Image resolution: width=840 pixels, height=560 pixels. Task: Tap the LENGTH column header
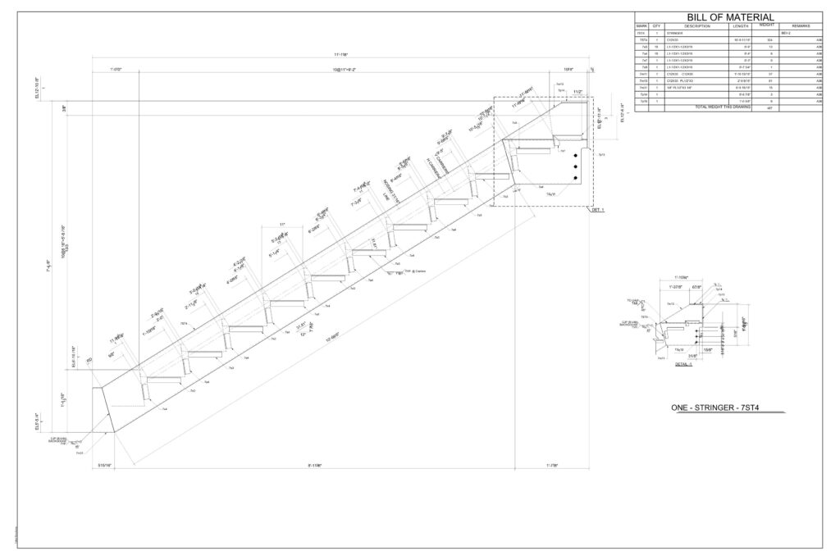tap(741, 27)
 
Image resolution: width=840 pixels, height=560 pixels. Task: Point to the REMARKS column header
tap(801, 27)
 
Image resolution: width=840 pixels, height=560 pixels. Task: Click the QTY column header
tap(657, 27)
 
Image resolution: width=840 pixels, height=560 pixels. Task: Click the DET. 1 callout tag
tap(597, 211)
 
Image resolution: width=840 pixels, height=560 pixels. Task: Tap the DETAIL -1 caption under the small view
tap(684, 364)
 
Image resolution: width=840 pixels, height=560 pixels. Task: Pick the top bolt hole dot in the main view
tap(577, 156)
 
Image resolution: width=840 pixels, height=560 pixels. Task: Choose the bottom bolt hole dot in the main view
tap(577, 178)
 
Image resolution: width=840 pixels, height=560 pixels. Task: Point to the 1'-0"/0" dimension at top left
tap(121, 71)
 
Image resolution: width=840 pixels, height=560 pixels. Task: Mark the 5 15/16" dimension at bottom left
tap(104, 466)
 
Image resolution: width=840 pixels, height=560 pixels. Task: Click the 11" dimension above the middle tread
tap(281, 224)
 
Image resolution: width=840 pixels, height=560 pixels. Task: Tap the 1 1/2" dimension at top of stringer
tap(577, 92)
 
